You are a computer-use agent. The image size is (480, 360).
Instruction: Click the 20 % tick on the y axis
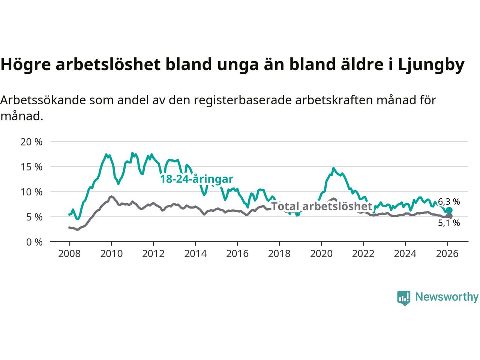pyautogui.click(x=31, y=142)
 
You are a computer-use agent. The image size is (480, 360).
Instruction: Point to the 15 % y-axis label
pyautogui.click(x=31, y=167)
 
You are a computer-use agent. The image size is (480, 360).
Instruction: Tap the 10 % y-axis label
pyautogui.click(x=31, y=192)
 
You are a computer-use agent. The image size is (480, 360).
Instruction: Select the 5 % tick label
pyautogui.click(x=34, y=217)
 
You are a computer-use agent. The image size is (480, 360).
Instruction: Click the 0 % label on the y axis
pyautogui.click(x=34, y=242)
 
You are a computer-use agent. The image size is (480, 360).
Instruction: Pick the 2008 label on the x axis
pyautogui.click(x=69, y=254)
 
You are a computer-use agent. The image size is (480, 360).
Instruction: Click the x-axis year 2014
pyautogui.click(x=195, y=254)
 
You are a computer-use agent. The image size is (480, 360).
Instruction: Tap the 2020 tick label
pyautogui.click(x=321, y=254)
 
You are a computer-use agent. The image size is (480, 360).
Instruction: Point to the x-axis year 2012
pyautogui.click(x=153, y=254)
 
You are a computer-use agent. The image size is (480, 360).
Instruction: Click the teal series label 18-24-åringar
pyautogui.click(x=197, y=179)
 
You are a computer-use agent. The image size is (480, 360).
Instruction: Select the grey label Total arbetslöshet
pyautogui.click(x=321, y=206)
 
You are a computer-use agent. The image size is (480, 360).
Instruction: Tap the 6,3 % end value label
pyautogui.click(x=449, y=202)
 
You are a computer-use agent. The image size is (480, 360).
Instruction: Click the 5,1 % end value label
pyautogui.click(x=449, y=223)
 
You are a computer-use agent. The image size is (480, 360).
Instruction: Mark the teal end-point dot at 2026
pyautogui.click(x=449, y=210)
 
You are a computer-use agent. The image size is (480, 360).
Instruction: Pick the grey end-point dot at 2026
pyautogui.click(x=449, y=216)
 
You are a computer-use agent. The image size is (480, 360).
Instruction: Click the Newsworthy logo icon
pyautogui.click(x=403, y=298)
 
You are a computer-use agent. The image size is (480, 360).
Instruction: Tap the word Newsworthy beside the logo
pyautogui.click(x=447, y=297)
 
